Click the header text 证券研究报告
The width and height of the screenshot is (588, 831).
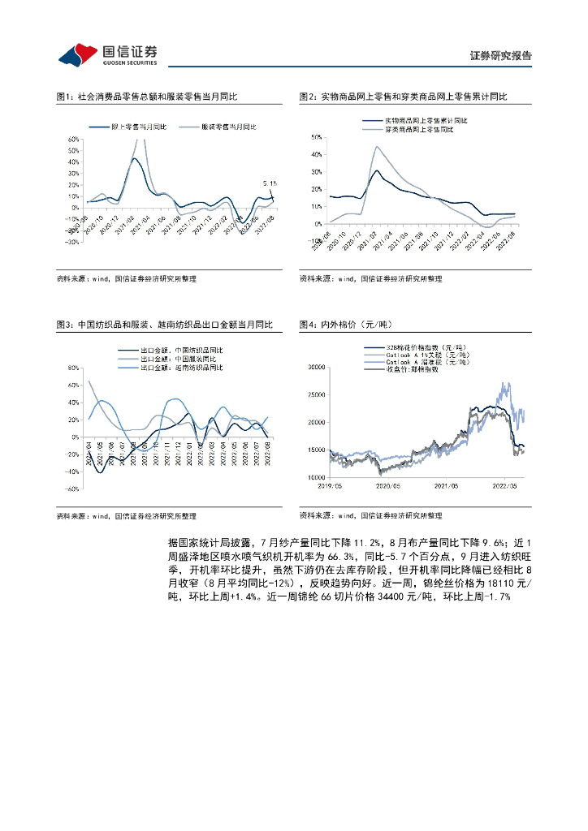pyautogui.click(x=501, y=56)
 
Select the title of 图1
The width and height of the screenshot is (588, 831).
pyautogui.click(x=147, y=97)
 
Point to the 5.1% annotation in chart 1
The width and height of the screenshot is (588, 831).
pyautogui.click(x=270, y=183)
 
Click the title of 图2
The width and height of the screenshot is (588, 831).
pyautogui.click(x=403, y=97)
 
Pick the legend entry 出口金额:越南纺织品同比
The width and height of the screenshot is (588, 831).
pyautogui.click(x=184, y=368)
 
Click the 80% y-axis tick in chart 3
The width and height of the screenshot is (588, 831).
pyautogui.click(x=72, y=367)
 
